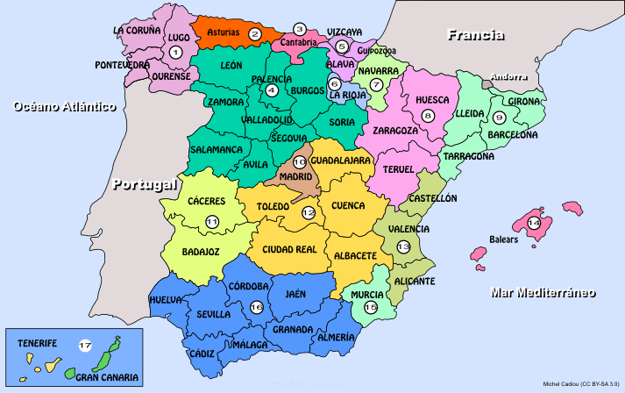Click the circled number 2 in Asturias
click(x=255, y=34)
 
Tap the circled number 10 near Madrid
click(x=299, y=162)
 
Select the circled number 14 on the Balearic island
click(x=534, y=223)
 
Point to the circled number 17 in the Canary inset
click(x=84, y=346)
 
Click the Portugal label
click(x=145, y=185)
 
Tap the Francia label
click(x=475, y=35)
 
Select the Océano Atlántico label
click(x=65, y=106)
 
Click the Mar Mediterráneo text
click(x=543, y=291)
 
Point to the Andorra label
click(x=509, y=77)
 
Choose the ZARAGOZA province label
click(x=395, y=130)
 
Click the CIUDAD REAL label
click(x=289, y=249)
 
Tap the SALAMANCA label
click(x=216, y=149)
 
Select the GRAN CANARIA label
click(x=106, y=377)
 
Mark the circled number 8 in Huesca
click(x=428, y=116)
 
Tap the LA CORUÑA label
click(x=138, y=29)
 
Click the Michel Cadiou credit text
click(x=581, y=383)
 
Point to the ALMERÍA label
click(x=336, y=337)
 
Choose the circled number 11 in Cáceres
click(x=212, y=222)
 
